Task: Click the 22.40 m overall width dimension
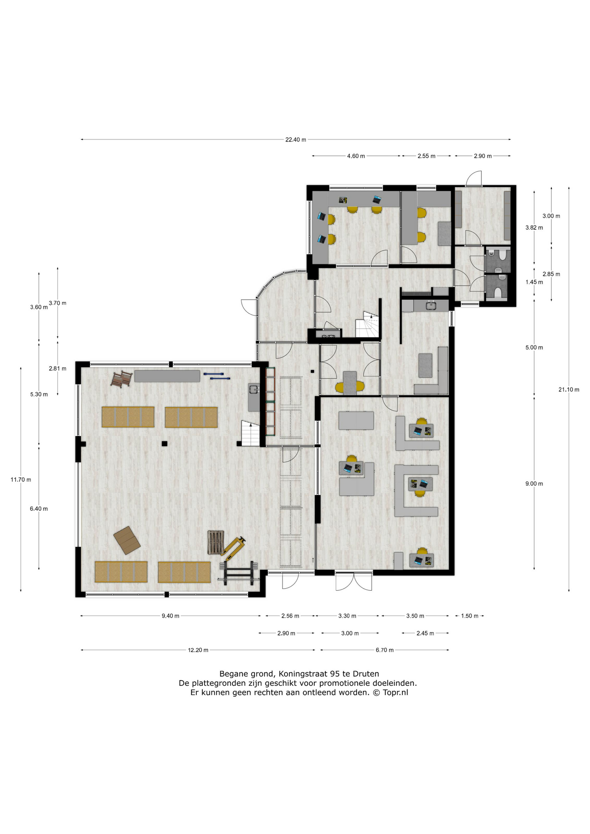coord(295,140)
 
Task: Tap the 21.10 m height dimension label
coord(569,390)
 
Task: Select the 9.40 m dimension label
coord(170,616)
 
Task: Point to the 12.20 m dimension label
coord(198,650)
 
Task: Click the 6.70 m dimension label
coord(384,650)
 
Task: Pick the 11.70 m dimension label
coord(21,480)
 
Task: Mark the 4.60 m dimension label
coord(356,156)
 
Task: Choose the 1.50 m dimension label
coord(470,616)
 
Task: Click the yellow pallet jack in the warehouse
coord(233,547)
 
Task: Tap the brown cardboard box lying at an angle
coord(127,540)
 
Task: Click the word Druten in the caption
coord(366,674)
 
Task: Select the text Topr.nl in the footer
coord(395,693)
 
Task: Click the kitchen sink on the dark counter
coord(431,305)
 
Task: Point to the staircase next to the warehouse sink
coord(251,434)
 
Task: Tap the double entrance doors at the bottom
coord(354,581)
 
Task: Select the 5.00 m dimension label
coord(534,348)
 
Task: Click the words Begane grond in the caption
coord(247,675)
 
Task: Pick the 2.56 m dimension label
coord(290,616)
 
